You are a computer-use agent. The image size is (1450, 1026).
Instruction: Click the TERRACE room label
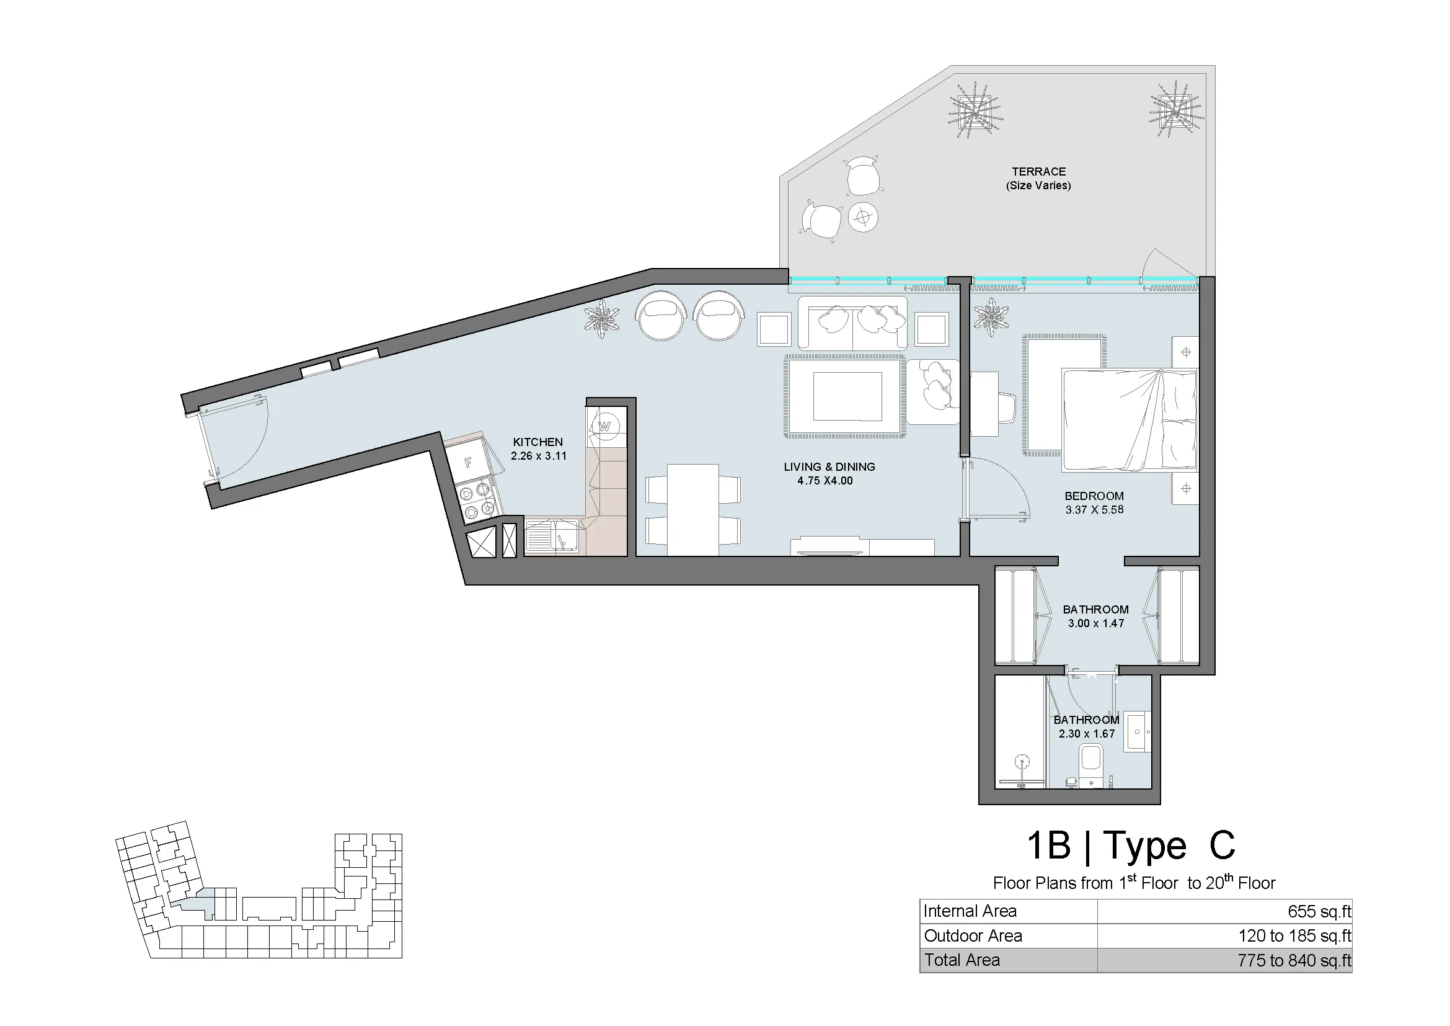click(1038, 172)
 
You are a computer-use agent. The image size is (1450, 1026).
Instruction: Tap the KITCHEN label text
click(537, 442)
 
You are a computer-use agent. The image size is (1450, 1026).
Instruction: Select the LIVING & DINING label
click(829, 467)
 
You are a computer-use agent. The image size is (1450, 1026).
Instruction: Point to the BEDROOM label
click(1094, 496)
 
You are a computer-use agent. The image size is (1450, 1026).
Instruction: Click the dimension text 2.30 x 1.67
click(1086, 733)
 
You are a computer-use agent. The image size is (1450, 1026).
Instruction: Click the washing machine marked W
click(605, 426)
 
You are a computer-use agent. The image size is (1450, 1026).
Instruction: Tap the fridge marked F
click(468, 463)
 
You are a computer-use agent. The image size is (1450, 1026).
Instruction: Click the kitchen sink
click(550, 537)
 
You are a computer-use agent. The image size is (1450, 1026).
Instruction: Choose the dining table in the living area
click(693, 510)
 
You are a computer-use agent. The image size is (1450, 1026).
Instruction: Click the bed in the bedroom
click(1129, 421)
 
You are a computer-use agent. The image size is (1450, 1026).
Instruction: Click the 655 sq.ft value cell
click(1319, 911)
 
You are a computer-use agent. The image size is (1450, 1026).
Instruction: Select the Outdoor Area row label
click(973, 935)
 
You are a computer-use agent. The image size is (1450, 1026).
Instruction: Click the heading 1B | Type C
click(1130, 845)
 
